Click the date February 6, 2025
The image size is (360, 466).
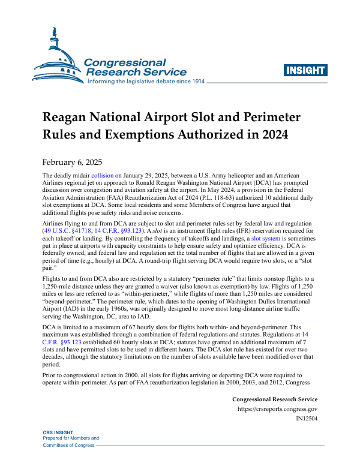pyautogui.click(x=72, y=162)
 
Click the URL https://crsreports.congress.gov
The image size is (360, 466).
pyautogui.click(x=278, y=410)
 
